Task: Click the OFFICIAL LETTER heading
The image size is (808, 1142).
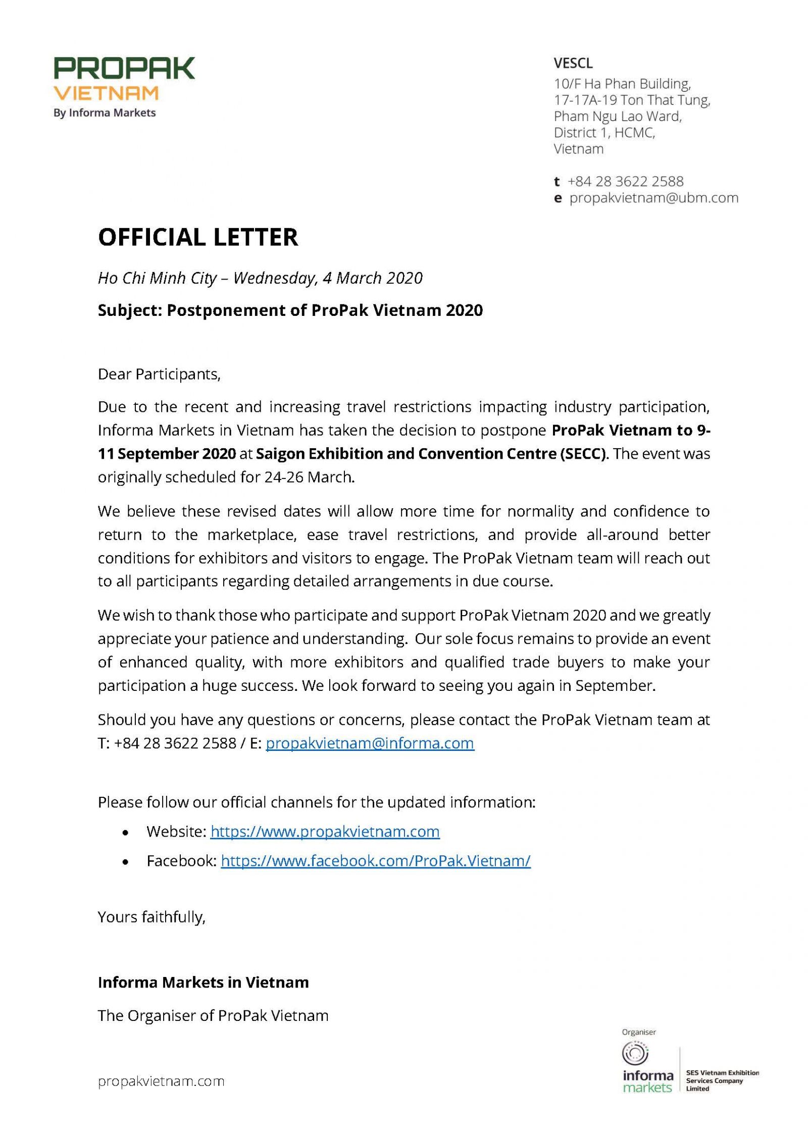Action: [x=198, y=237]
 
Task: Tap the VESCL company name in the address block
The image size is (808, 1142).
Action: [x=573, y=64]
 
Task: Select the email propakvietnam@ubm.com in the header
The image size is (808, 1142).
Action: [x=653, y=198]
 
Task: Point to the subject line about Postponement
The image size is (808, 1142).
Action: [x=290, y=310]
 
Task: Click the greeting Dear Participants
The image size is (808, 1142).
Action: [x=159, y=374]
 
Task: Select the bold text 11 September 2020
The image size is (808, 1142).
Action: [x=167, y=454]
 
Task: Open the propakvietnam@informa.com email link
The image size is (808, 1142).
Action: [x=370, y=743]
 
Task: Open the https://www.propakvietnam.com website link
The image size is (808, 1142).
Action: [x=325, y=831]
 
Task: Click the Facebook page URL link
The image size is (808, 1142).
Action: [x=376, y=860]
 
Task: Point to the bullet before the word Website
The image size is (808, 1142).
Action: [x=125, y=832]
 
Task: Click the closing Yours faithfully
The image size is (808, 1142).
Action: [x=151, y=917]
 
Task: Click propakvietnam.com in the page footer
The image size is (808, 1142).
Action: [x=161, y=1081]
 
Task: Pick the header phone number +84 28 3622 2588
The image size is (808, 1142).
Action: [x=625, y=181]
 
